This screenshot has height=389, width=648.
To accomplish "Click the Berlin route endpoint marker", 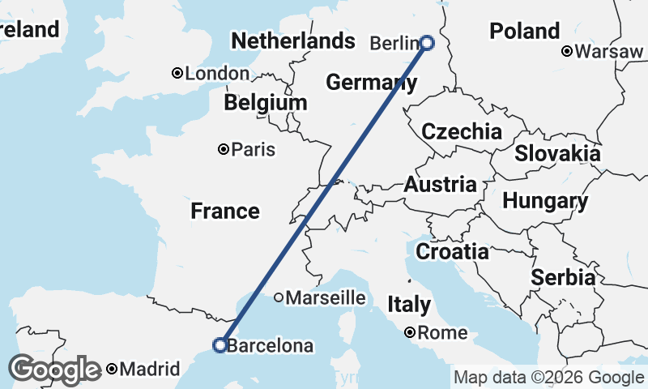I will [427, 43].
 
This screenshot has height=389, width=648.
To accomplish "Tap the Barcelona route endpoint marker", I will [219, 345].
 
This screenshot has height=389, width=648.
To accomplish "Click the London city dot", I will [177, 74].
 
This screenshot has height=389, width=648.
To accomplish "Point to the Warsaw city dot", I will [568, 52].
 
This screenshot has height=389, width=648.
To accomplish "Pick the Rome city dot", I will [411, 332].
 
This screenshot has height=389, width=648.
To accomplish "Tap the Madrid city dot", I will [112, 370].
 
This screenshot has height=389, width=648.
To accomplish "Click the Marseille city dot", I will [279, 297].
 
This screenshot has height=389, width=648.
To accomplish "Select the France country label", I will [225, 212].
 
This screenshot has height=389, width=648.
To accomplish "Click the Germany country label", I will [371, 82].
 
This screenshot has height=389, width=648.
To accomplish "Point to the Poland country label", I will [524, 32].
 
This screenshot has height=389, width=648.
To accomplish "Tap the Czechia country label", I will [462, 132].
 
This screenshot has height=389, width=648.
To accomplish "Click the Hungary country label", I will [544, 201].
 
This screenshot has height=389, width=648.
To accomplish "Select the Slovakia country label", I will [557, 153].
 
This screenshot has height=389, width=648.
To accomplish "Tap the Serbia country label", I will [563, 278].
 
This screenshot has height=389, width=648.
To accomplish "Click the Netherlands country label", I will [292, 41].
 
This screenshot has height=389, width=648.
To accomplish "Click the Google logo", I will [54, 370].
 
